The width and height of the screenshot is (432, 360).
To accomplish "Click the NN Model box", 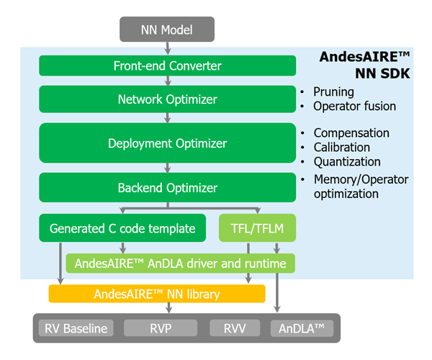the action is [167, 30].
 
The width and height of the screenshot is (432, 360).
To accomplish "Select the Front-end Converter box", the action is [168, 66].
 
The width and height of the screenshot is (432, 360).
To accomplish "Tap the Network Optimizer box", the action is [168, 99].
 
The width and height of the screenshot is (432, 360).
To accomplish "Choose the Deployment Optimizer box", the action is [168, 143].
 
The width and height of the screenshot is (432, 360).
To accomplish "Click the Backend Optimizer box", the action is [168, 188].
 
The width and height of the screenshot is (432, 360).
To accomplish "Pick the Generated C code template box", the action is [122, 228].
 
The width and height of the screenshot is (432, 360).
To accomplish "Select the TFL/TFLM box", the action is [257, 228].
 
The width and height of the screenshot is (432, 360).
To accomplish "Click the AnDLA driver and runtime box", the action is [181, 264].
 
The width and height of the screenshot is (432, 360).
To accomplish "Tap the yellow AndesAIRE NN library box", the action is [157, 294].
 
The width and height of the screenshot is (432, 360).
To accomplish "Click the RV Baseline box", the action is [76, 328].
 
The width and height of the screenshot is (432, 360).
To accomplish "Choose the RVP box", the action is [161, 328].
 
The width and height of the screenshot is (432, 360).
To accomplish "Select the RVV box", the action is [235, 328].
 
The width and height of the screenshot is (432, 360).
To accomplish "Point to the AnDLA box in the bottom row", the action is [302, 328].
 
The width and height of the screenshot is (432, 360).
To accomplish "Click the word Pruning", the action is [333, 92].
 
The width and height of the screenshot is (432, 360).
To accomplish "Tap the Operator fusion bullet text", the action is [354, 107].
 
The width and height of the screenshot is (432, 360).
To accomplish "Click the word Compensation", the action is [351, 133].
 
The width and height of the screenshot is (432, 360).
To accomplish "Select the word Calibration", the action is [342, 148].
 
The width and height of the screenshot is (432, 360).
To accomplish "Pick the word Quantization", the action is [347, 162].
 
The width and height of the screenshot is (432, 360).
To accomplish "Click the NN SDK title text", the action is [382, 73].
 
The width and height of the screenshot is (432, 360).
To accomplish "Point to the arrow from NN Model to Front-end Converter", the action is [168, 48].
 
